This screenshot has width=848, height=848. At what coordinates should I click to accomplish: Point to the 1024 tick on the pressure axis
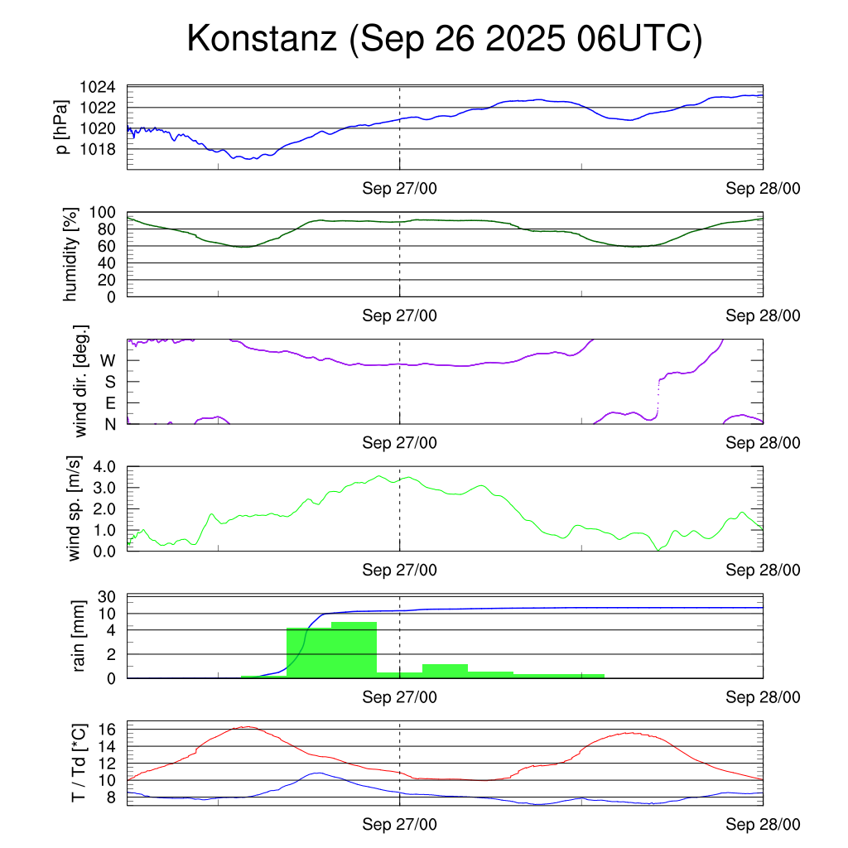pyautogui.click(x=97, y=87)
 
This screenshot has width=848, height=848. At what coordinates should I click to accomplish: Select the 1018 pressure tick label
pyautogui.click(x=97, y=149)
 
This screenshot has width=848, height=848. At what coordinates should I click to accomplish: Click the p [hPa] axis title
pyautogui.click(x=62, y=128)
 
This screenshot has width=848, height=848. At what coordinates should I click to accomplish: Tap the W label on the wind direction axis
pyautogui.click(x=108, y=360)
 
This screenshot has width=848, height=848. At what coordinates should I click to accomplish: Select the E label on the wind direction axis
pyautogui.click(x=109, y=403)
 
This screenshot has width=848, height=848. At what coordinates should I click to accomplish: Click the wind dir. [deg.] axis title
pyautogui.click(x=82, y=381)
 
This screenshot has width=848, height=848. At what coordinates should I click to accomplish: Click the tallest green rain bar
pyautogui.click(x=354, y=650)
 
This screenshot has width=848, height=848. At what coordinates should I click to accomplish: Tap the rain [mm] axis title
pyautogui.click(x=79, y=636)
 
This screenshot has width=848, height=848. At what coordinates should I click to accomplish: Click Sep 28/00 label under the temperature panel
pyautogui.click(x=763, y=825)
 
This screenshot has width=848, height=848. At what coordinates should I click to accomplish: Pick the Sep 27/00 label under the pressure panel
pyautogui.click(x=399, y=189)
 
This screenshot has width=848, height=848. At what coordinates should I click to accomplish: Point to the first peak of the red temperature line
pyautogui.click(x=246, y=727)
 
